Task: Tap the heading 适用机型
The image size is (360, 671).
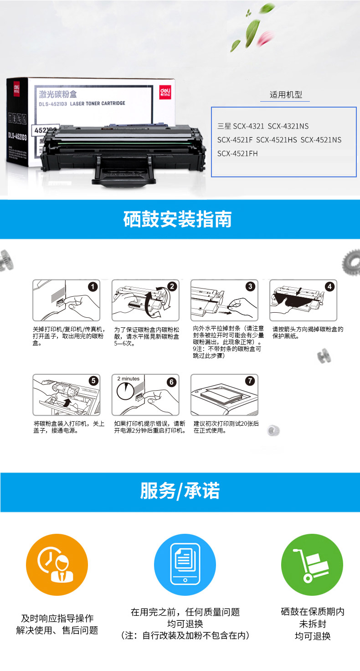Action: (286, 95)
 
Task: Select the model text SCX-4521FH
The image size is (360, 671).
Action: (237, 154)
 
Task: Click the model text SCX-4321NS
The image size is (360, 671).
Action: (288, 126)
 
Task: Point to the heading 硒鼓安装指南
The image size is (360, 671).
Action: (177, 219)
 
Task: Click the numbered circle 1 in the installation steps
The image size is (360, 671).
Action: (93, 287)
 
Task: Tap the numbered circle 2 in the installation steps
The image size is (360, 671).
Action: (172, 286)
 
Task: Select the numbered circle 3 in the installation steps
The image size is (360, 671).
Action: (250, 286)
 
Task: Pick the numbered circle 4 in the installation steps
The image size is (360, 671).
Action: (330, 286)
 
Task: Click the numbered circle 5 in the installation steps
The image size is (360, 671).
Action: (93, 381)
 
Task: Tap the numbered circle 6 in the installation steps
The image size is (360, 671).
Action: (172, 382)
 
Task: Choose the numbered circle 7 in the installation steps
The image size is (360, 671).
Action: (250, 381)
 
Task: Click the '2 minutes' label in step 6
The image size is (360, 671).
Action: (128, 379)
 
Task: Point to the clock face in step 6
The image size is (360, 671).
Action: (125, 391)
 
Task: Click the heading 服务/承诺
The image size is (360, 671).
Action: (180, 491)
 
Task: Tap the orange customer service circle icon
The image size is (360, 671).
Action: (57, 565)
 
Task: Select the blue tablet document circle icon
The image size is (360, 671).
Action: (185, 565)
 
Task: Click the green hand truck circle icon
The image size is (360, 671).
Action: (312, 565)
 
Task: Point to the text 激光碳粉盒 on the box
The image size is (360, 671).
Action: (58, 94)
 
